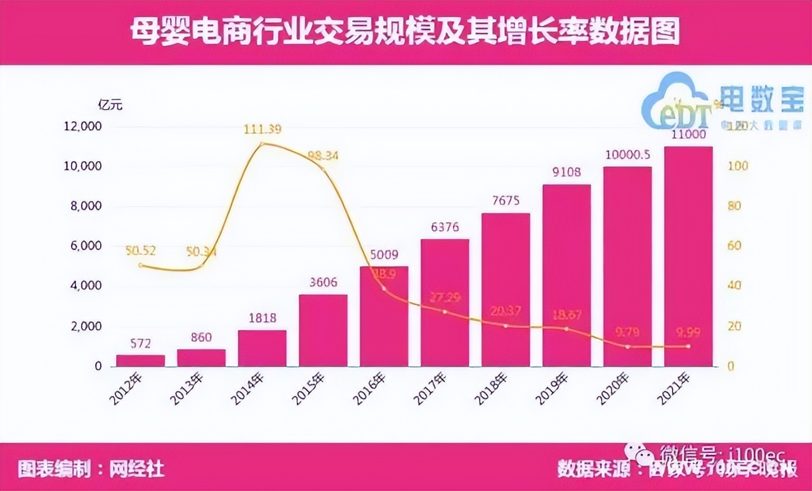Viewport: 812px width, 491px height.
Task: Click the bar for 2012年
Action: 140,360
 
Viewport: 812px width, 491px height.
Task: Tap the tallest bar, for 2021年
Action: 688,256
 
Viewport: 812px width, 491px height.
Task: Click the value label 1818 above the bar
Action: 262,318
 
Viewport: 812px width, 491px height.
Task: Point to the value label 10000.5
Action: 627,154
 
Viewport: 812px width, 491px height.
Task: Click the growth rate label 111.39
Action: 262,129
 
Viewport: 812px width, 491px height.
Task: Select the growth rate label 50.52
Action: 140,251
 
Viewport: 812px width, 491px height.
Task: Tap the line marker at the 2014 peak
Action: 262,144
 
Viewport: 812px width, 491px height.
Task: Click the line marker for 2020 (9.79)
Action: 627,346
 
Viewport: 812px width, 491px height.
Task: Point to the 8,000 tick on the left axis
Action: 84,206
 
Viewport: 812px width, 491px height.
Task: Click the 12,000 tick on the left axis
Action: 82,126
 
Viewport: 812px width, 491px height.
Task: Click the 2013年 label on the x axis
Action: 188,388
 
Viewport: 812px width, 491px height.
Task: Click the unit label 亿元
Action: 110,105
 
